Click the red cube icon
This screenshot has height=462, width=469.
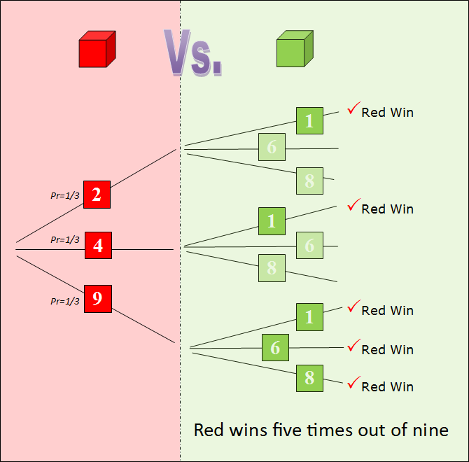coord(97,50)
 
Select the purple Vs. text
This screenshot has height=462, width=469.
coord(193,53)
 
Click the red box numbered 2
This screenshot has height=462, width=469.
coord(97,195)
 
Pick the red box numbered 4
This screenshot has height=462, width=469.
coord(98,245)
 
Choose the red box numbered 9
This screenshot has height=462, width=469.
coord(97,299)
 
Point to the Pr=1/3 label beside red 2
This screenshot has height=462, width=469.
coord(65,195)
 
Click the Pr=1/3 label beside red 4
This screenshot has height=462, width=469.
coord(65,239)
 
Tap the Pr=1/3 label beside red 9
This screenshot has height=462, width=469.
coord(65,301)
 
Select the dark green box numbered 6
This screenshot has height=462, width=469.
coord(275,348)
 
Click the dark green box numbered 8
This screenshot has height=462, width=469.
coord(309,378)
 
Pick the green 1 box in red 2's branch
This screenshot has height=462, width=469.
coord(309,120)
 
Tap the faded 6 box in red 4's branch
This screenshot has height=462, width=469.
coord(309,245)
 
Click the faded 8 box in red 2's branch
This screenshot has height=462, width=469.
coord(309,181)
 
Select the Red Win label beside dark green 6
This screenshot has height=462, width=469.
coord(387,349)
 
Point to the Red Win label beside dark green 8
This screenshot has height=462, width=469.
coord(387,386)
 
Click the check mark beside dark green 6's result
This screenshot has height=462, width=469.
coord(353,345)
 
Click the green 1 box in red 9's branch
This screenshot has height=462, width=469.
coord(309,317)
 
